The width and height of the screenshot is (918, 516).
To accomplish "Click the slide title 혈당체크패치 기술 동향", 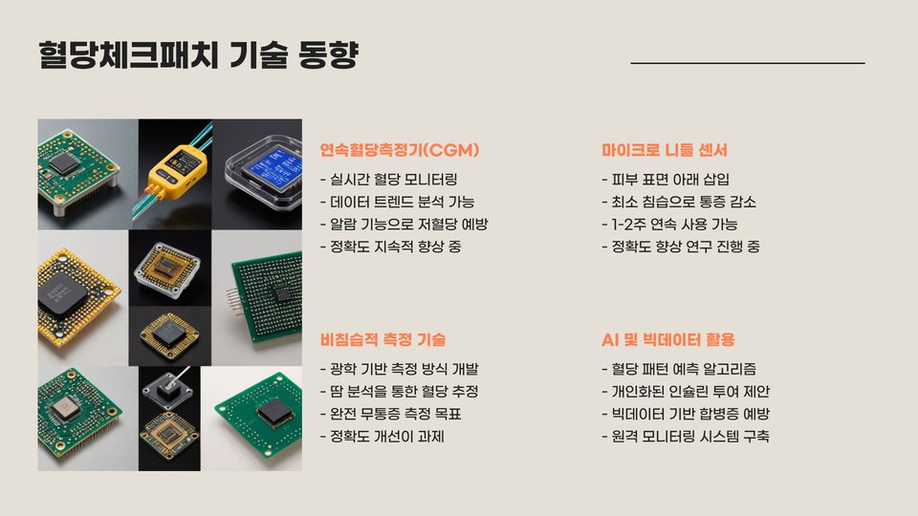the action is click(199, 55).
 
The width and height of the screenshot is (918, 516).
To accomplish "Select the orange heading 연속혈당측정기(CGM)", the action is click(400, 150).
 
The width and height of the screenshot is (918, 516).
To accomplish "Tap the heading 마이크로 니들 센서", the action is click(665, 150).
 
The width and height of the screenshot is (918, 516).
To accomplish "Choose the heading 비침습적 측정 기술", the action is click(382, 340).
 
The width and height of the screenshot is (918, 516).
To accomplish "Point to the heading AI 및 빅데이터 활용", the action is click(668, 340).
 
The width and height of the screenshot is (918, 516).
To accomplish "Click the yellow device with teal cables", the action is click(178, 167).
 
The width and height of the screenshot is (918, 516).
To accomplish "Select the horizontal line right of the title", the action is click(748, 63).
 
